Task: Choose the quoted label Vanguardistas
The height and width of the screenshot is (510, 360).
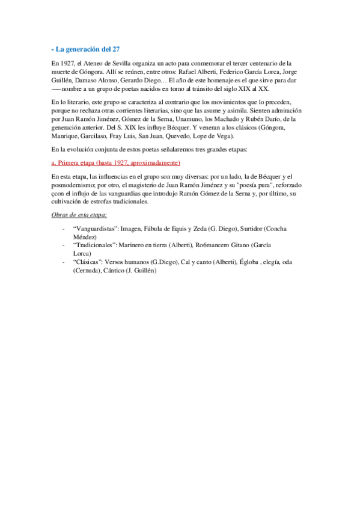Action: point(94,229)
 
